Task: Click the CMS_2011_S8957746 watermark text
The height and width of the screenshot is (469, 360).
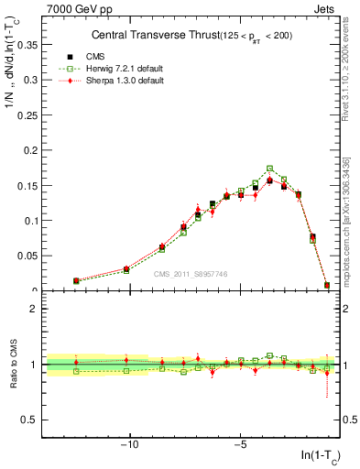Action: pos(191,274)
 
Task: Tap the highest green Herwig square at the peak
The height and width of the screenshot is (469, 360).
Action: pos(269,169)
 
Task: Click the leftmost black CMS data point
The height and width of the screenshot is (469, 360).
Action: pos(76,281)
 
